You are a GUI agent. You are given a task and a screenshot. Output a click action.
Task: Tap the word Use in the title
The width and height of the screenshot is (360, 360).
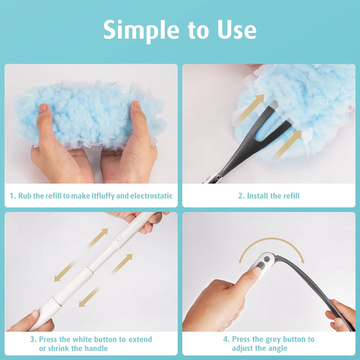click(x=236, y=30)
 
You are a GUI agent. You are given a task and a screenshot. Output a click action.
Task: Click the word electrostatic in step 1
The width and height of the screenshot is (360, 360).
click(x=151, y=196)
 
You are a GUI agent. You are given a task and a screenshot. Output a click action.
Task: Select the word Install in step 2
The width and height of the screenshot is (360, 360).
click(x=257, y=196)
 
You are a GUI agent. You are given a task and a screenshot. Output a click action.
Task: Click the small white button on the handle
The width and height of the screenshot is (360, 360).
click(x=119, y=239)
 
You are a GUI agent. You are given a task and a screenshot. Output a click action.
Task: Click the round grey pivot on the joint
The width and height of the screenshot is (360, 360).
click(x=267, y=259)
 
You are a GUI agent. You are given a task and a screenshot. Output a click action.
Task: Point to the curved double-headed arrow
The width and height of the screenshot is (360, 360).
click(x=272, y=239)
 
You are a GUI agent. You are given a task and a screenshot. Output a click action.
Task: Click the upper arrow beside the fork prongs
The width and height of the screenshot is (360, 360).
click(x=249, y=109)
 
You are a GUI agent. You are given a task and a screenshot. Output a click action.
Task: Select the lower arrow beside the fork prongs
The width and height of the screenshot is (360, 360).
click(x=287, y=144)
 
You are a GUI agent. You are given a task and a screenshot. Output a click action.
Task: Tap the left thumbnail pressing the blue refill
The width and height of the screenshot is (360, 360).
click(x=42, y=108)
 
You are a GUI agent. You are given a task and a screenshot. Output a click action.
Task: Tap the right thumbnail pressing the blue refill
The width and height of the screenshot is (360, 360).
click(x=136, y=104)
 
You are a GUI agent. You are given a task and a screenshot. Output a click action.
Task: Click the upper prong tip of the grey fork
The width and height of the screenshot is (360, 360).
click(x=273, y=104)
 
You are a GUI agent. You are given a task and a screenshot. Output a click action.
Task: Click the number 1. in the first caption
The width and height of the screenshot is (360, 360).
click(x=13, y=196)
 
